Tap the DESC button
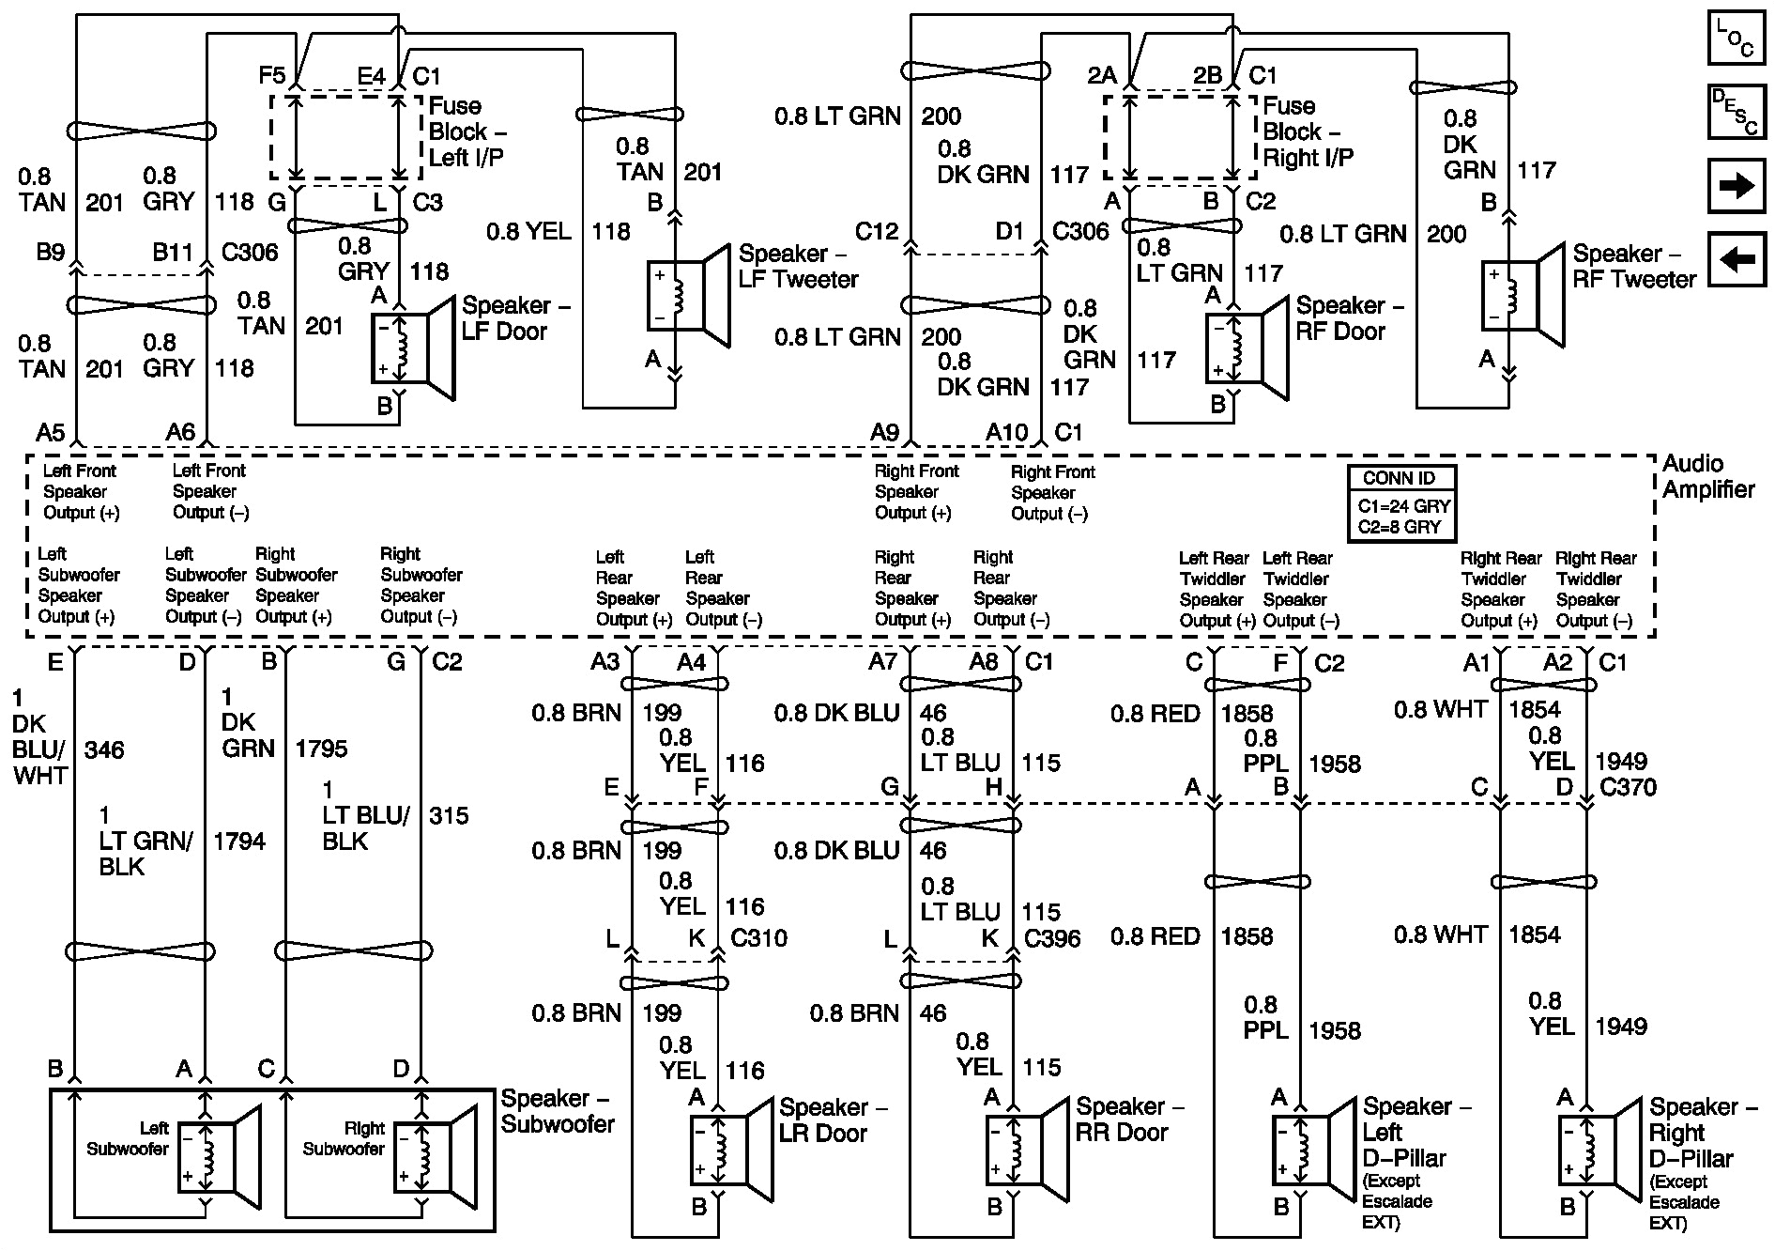1736,112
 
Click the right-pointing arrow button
1736,186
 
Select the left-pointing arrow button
1736,258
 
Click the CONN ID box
1401,504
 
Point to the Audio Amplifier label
1707,476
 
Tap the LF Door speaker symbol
413,347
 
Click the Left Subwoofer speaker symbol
220,1157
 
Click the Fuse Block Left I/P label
467,131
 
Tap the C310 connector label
758,937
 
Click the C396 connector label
1052,937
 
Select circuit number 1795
321,749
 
